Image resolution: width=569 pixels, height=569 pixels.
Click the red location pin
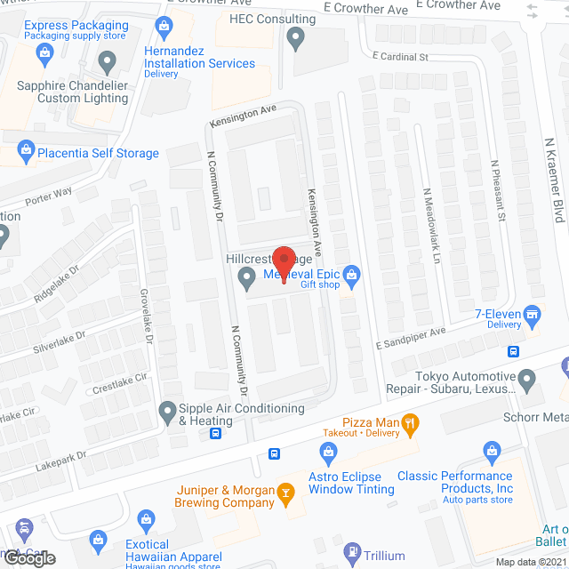click(x=284, y=263)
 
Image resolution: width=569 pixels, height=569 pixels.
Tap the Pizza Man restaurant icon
click(x=410, y=425)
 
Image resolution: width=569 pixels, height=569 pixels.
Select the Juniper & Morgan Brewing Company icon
click(x=286, y=493)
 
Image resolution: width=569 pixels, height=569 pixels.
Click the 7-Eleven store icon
click(x=533, y=314)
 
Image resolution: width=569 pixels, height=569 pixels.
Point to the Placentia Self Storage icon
click(x=24, y=152)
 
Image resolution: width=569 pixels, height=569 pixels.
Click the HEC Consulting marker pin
click(x=296, y=38)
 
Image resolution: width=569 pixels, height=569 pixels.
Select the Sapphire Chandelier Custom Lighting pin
click(x=108, y=63)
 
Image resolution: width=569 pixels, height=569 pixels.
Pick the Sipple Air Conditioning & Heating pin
click(x=166, y=412)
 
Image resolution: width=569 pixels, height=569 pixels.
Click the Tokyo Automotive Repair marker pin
click(x=527, y=381)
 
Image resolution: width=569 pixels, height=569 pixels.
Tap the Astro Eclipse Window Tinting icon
click(x=328, y=454)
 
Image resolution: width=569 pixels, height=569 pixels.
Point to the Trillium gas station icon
click(x=353, y=554)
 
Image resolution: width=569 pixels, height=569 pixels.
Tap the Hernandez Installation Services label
click(x=199, y=57)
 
